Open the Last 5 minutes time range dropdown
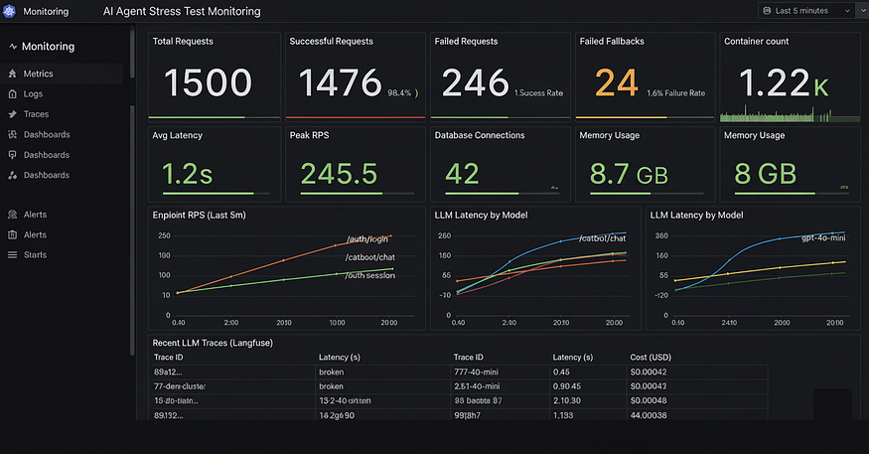point(805,11)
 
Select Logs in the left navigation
point(33,93)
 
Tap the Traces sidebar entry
point(36,114)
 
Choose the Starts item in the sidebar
point(35,254)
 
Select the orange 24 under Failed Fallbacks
point(616,82)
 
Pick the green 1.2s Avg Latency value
point(187,174)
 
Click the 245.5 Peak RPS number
point(339,174)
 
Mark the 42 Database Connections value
point(462,174)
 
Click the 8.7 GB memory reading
point(628,174)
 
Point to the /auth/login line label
point(367,238)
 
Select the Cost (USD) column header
point(656,357)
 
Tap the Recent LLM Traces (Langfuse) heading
point(213,343)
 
